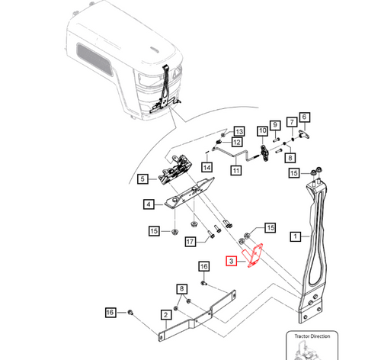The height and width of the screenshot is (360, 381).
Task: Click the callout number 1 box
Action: click(x=294, y=237)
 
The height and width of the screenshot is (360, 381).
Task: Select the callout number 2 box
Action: click(x=165, y=315)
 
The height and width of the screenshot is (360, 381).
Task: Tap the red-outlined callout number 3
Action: click(x=231, y=262)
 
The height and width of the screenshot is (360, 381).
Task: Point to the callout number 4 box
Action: click(x=149, y=204)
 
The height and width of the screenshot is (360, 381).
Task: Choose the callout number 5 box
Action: click(x=142, y=180)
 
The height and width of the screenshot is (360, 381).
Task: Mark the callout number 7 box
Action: click(x=290, y=122)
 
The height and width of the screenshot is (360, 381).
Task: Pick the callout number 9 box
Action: click(x=274, y=124)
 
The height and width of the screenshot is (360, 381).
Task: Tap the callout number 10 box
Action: click(x=261, y=130)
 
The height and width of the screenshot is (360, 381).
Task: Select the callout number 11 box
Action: click(x=236, y=171)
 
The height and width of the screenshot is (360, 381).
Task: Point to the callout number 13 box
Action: click(x=238, y=131)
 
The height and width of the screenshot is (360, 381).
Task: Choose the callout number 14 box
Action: click(x=207, y=168)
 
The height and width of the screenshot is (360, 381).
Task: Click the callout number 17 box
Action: click(x=190, y=243)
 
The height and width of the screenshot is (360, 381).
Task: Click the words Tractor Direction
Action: click(x=310, y=335)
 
